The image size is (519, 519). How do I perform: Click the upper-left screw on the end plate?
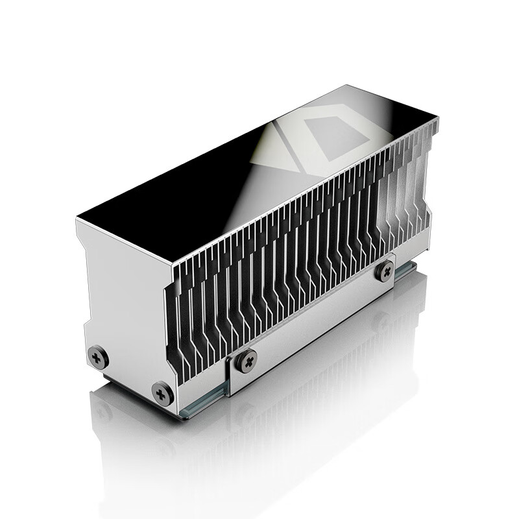[x=97, y=356]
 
